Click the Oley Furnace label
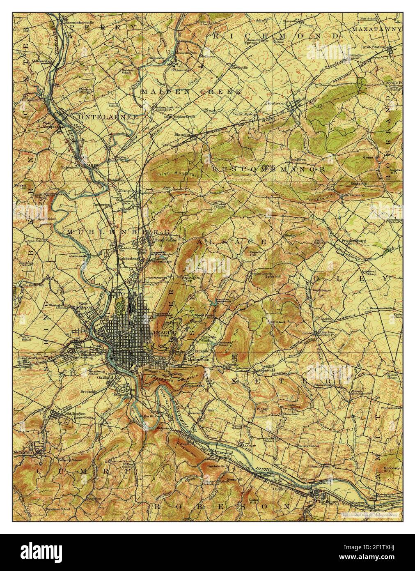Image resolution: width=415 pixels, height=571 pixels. click(x=353, y=195)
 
